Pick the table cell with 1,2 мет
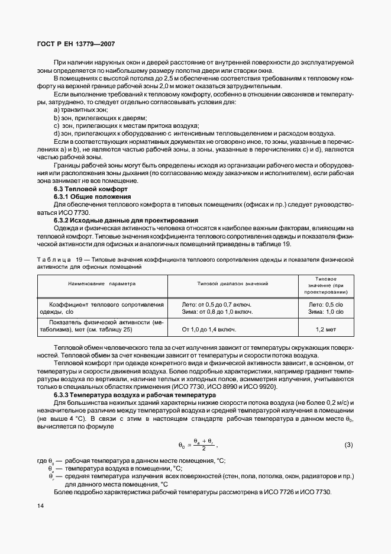pos(326,328)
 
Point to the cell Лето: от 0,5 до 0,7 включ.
pos(217,304)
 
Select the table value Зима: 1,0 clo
pos(326,311)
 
